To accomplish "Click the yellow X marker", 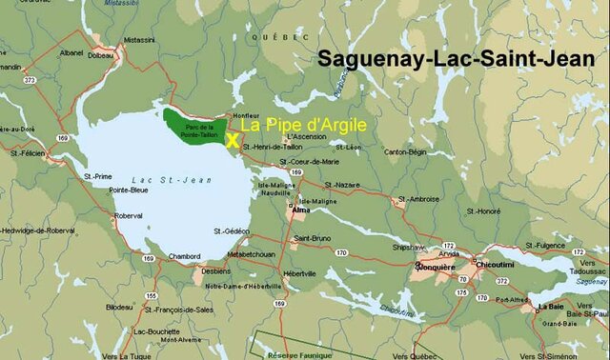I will click(232, 139).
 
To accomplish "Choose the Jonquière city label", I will click(437, 268).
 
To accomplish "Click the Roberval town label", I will click(128, 215).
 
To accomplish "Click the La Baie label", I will click(550, 307).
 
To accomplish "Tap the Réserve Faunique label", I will click(290, 352).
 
